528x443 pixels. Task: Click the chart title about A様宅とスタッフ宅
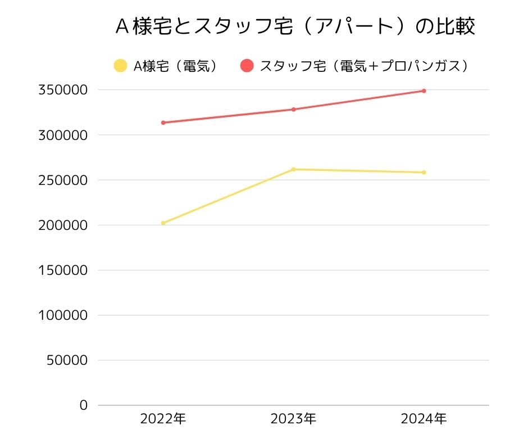pos(295,27)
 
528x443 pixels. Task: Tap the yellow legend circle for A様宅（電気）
pos(120,66)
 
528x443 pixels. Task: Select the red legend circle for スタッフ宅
pos(247,66)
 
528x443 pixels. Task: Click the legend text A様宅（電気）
pos(175,66)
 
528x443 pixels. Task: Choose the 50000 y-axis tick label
pos(67,360)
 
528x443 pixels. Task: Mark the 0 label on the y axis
pos(84,405)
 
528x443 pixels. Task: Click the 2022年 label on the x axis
pos(163,419)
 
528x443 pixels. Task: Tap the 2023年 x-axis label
pos(293,419)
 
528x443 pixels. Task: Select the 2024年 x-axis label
pos(424,419)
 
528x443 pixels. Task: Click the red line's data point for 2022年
pos(163,123)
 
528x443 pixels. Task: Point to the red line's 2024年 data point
pos(424,91)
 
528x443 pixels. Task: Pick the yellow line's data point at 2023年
pos(293,169)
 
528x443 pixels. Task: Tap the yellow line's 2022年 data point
pos(163,223)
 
